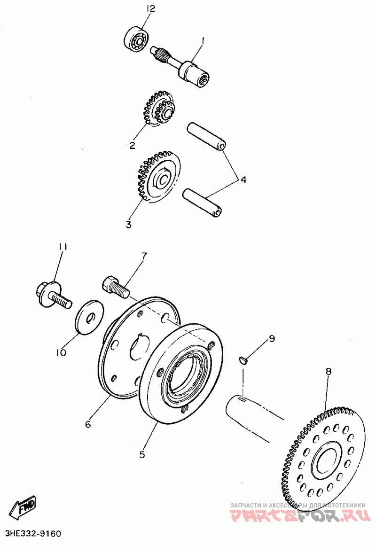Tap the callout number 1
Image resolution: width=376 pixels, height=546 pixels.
203,41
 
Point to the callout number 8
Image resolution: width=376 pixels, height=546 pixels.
329,371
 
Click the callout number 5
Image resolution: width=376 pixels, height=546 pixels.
142,454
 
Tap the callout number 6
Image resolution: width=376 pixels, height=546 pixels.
87,424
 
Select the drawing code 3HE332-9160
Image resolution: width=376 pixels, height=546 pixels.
33,534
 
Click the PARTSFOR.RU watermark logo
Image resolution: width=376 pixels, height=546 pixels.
298,516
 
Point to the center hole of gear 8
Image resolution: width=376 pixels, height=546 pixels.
326,460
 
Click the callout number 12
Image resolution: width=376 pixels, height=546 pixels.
150,8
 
